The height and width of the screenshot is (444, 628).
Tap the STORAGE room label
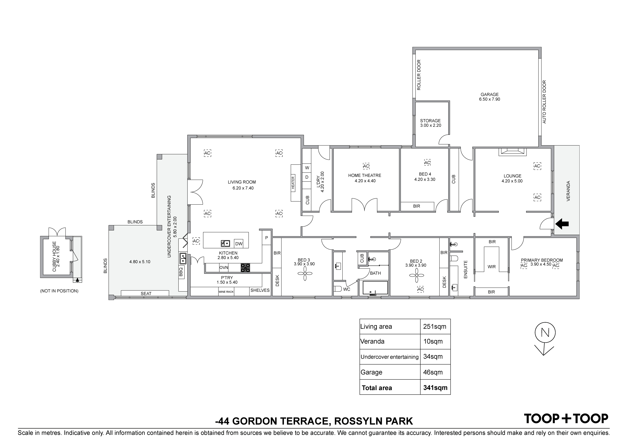[x=430, y=121]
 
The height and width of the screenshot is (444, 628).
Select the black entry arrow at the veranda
[x=562, y=224]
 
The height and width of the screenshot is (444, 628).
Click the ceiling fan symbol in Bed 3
[x=305, y=274]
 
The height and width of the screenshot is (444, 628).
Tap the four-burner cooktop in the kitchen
[x=245, y=267]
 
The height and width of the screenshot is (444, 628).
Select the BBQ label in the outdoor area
[x=181, y=271]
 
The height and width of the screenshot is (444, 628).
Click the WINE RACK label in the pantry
[x=226, y=292]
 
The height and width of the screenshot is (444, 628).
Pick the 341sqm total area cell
[x=435, y=388]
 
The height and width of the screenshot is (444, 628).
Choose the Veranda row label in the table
[x=372, y=341]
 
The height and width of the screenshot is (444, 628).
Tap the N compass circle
[x=545, y=333]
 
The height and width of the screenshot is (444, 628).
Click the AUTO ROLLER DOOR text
[x=544, y=102]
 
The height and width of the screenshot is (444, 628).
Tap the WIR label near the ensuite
[x=492, y=267]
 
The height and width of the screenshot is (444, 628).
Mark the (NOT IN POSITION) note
[x=59, y=291]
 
